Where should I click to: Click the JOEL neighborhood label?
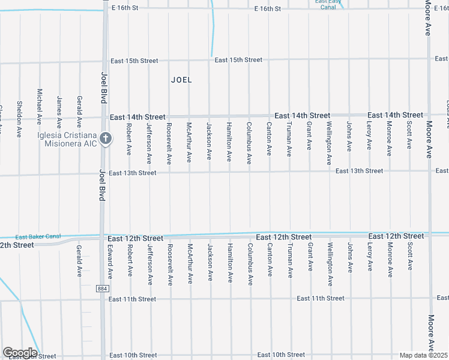pos(181,79)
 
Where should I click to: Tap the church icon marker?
pos(105,139)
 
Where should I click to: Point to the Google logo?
pos(19,353)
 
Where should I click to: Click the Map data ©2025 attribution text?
pos(424,355)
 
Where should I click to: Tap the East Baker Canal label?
pos(38,236)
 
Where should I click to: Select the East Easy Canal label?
pos(328,4)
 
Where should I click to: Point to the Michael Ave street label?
pos(40,107)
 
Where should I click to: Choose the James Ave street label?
pos(59,112)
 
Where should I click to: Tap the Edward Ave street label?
pos(110,260)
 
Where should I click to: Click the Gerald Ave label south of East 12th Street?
pos(79,260)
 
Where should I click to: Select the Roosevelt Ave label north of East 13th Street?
pos(169,143)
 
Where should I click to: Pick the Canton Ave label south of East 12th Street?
pos(270,259)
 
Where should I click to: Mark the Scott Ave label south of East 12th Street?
pos(409,257)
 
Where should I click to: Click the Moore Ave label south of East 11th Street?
pos(430,332)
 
